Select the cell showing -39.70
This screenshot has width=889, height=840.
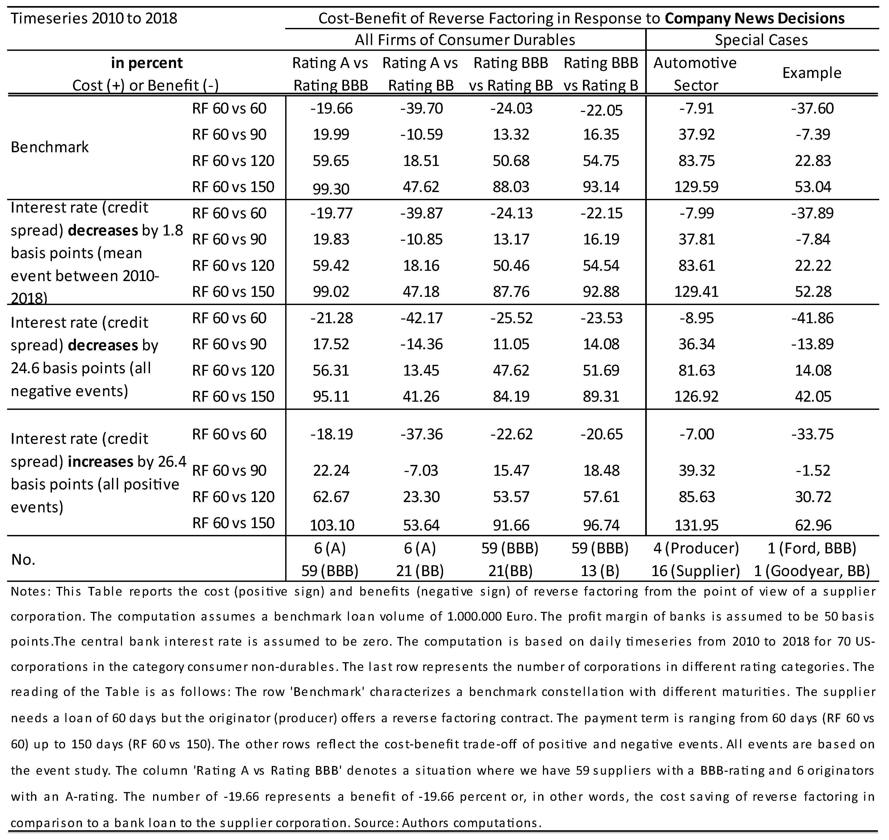pos(421,108)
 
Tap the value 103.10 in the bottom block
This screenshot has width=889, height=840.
pos(331,525)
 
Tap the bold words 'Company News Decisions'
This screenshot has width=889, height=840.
pos(755,18)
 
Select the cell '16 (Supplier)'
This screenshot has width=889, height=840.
pos(696,571)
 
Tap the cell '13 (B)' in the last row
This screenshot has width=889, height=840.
pos(601,571)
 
